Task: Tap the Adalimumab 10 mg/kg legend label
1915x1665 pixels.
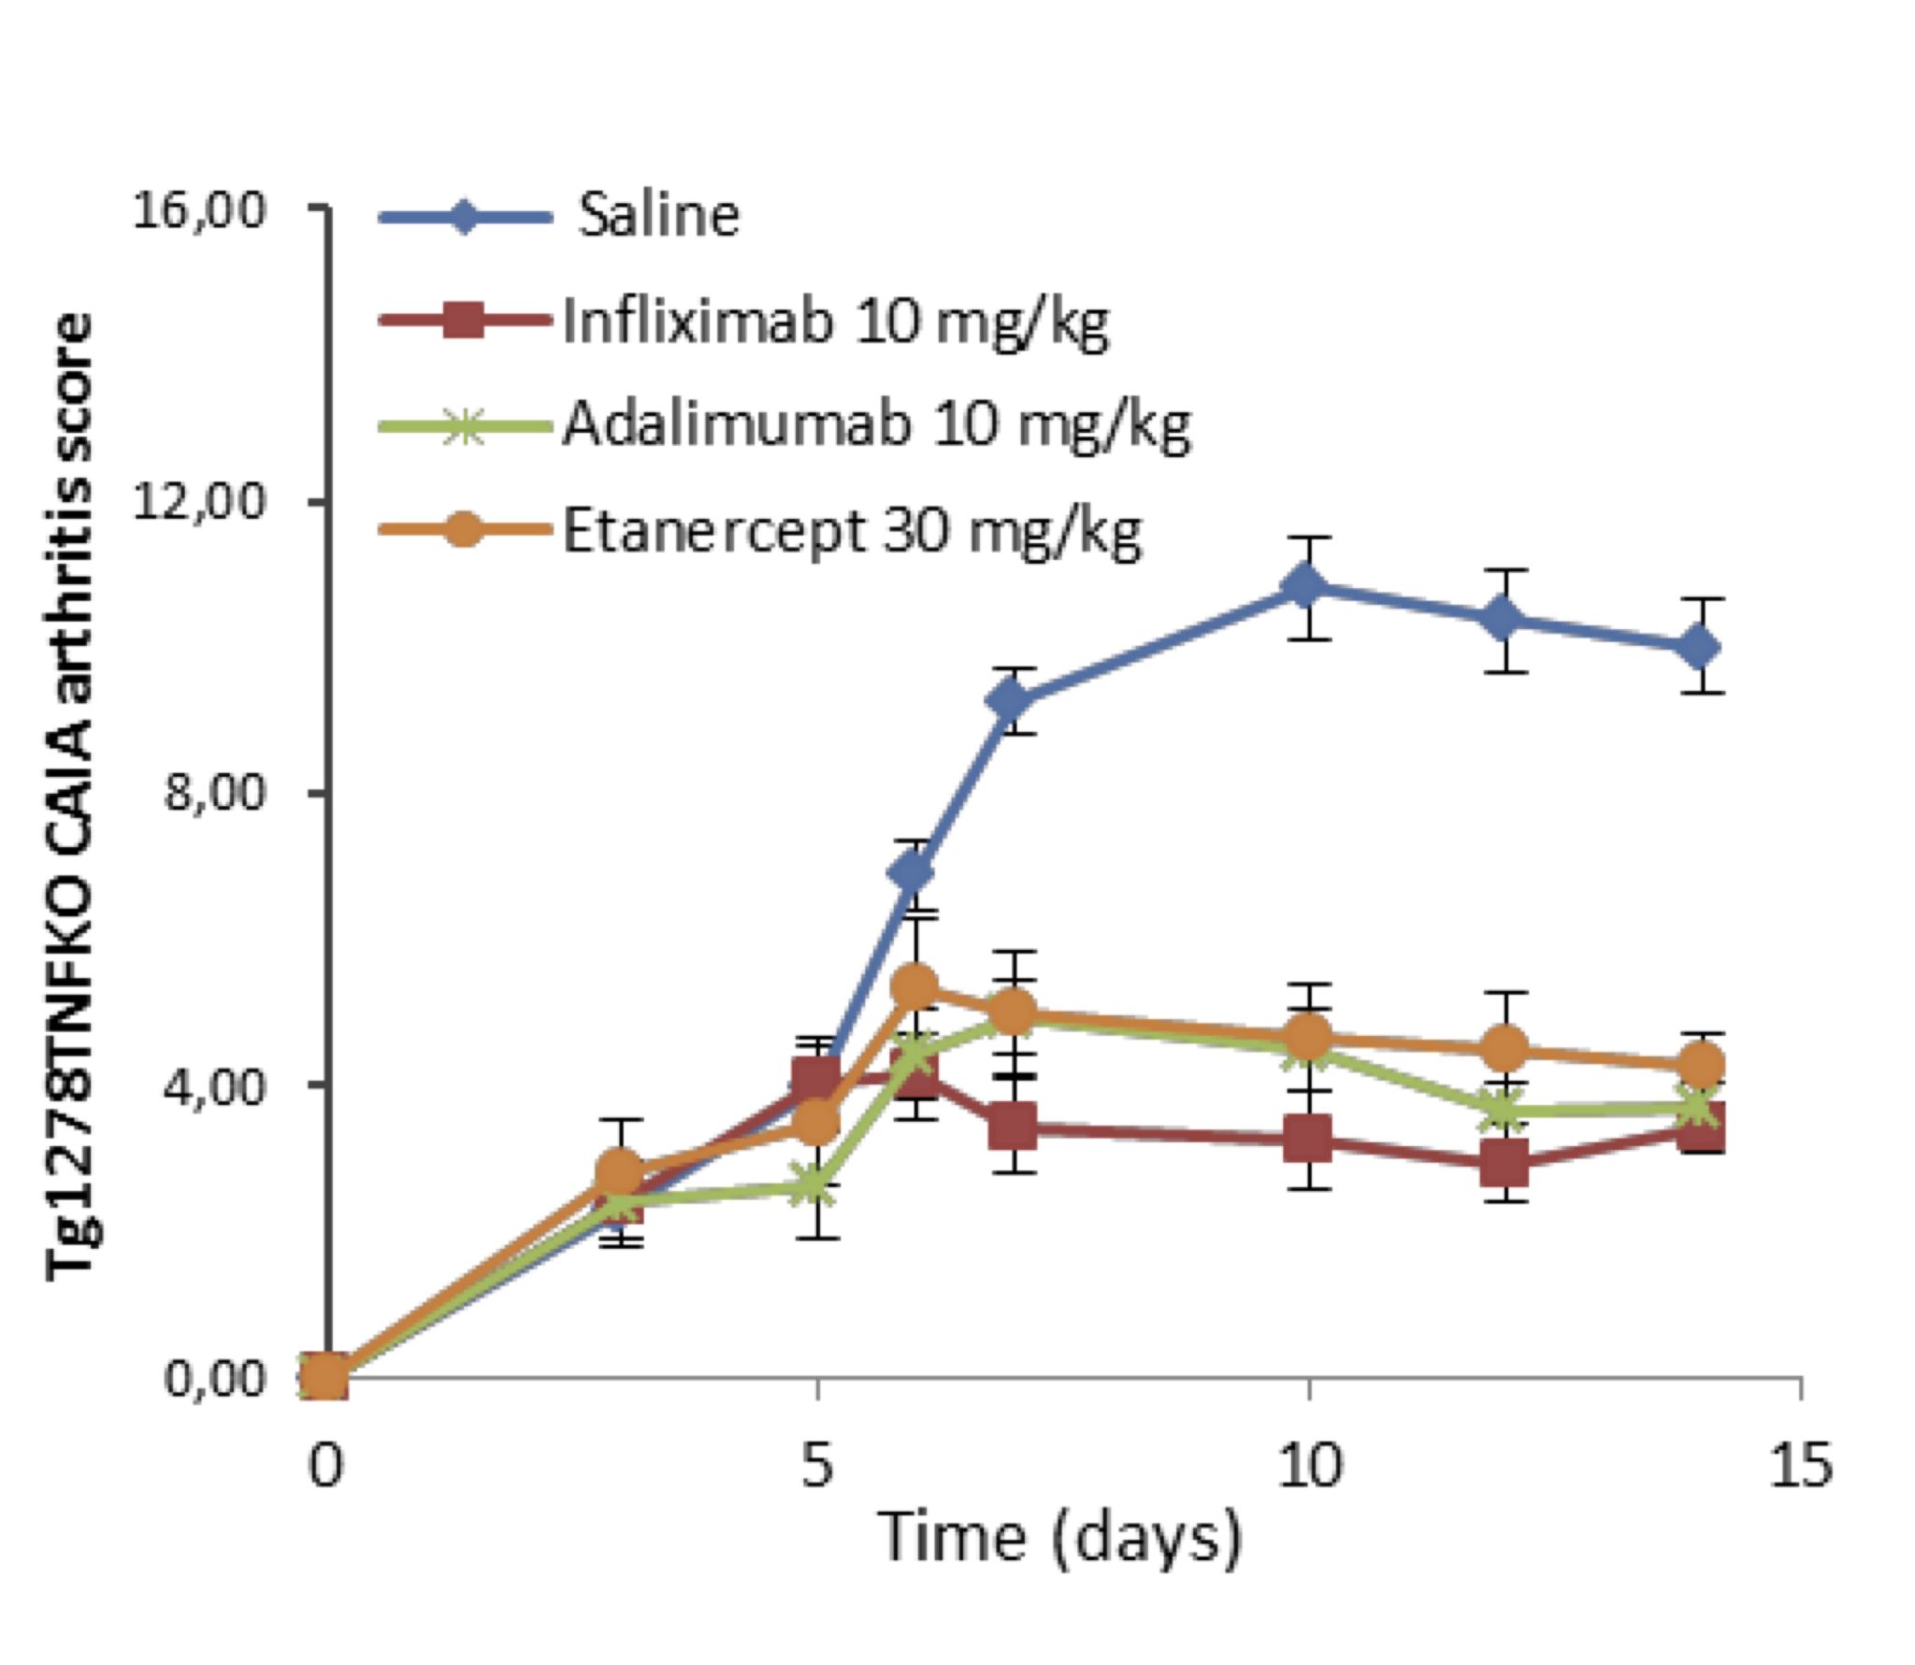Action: tap(876, 425)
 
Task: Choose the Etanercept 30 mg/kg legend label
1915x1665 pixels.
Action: tap(852, 531)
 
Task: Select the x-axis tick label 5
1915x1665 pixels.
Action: tap(817, 1466)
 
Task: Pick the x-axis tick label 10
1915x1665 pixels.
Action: tap(1308, 1466)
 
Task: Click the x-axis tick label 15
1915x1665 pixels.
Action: tap(1800, 1466)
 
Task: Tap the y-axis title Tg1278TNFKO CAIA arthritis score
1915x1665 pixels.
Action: tap(72, 795)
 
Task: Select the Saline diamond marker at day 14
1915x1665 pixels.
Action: tap(1698, 647)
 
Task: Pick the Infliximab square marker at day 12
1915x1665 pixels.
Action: tap(1504, 1163)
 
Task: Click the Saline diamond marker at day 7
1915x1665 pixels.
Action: tap(1013, 699)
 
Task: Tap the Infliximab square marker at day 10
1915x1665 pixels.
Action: tap(1306, 1140)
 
